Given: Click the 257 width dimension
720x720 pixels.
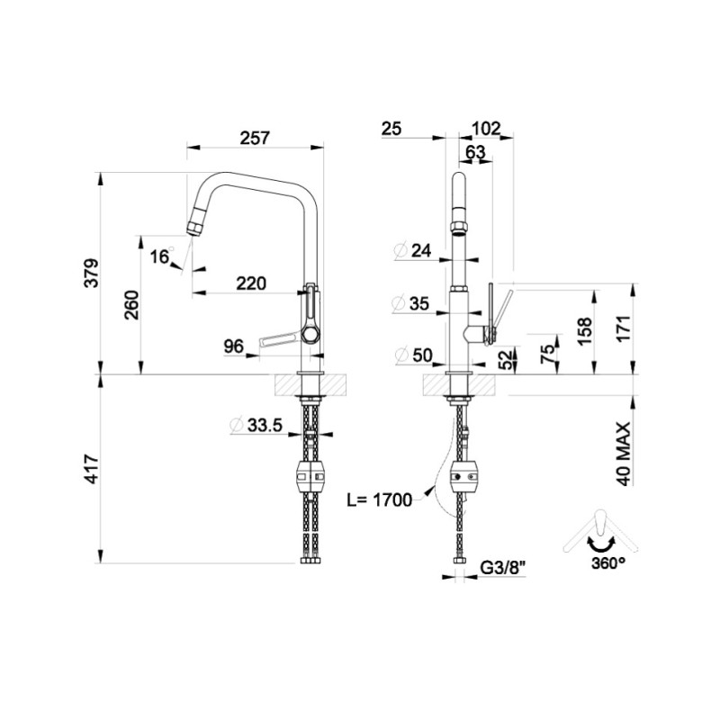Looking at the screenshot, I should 256,138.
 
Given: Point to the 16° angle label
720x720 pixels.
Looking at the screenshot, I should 160,257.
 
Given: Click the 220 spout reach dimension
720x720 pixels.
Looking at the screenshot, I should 250,283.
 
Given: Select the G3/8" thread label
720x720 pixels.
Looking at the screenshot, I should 500,567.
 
